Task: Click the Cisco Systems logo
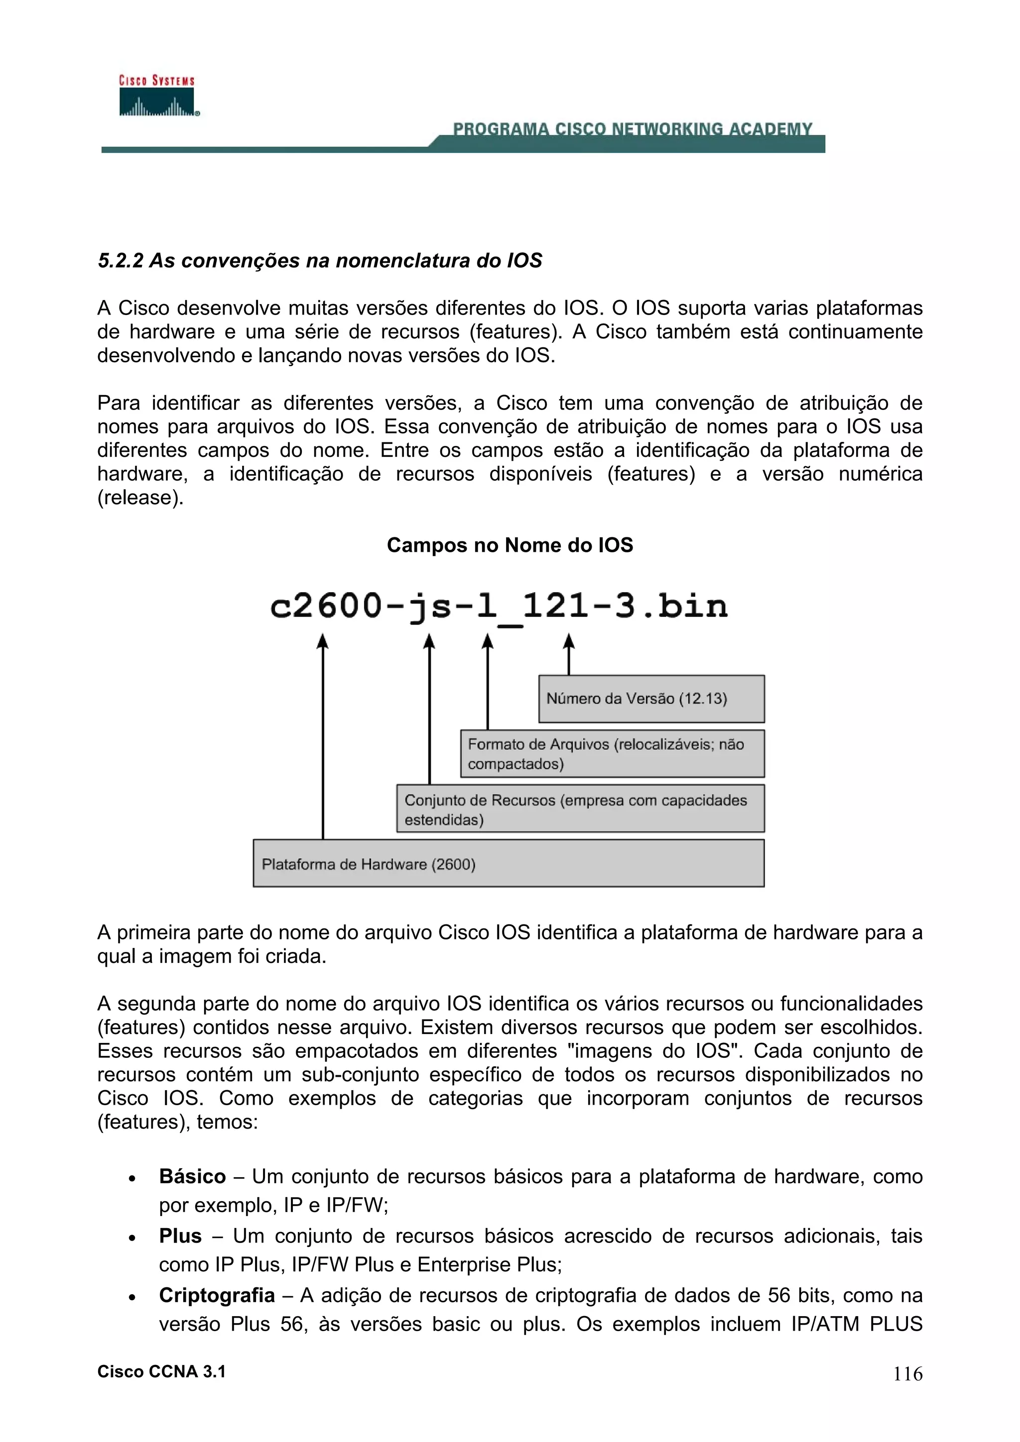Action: [x=157, y=96]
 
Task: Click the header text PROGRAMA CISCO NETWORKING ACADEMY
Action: [x=632, y=129]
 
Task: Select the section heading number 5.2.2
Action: [x=121, y=261]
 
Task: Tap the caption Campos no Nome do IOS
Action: [x=510, y=544]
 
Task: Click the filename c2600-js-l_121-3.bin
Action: [x=499, y=607]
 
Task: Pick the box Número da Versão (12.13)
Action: [x=651, y=699]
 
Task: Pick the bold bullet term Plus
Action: [x=180, y=1236]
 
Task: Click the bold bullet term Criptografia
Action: [x=217, y=1295]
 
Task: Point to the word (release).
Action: [x=140, y=498]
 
